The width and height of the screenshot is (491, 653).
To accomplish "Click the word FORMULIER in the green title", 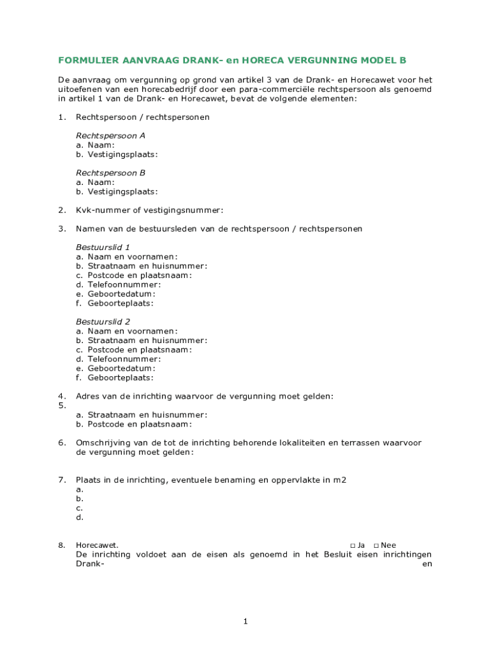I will pos(86,61).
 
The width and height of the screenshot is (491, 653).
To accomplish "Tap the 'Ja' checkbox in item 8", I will pos(353,545).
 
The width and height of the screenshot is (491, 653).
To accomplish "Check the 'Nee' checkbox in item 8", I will pos(376,545).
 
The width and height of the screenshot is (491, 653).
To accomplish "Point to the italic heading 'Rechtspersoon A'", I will pos(110,136).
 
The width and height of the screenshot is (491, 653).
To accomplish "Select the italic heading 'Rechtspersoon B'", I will pos(110,173).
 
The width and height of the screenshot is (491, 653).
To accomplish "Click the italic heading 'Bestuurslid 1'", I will pos(103,247).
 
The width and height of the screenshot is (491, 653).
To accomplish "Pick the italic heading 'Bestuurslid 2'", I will pos(103,322).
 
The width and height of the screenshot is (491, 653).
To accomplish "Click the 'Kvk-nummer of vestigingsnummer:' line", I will pos(150,210).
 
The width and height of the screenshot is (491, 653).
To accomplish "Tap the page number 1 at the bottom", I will pos(245,622).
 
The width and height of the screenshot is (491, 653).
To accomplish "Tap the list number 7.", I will pos(61,480).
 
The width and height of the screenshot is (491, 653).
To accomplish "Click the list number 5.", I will pos(61,406).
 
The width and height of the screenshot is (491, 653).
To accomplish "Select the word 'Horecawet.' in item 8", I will pos(97,545).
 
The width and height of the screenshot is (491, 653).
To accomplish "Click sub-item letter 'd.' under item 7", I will pos(80,518).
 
